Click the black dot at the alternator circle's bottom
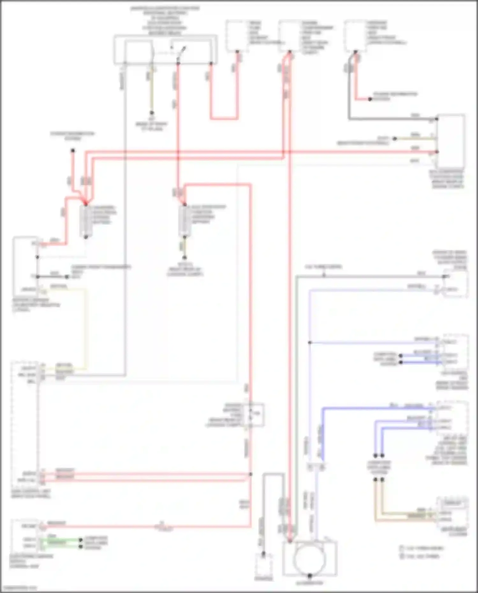[x=309, y=576]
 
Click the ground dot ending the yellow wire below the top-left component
[x=152, y=113]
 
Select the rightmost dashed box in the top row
[x=355, y=36]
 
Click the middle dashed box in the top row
[x=290, y=36]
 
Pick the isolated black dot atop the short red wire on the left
[x=73, y=150]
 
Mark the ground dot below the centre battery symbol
[x=184, y=257]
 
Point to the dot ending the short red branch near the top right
[x=370, y=99]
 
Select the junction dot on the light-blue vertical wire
[x=309, y=343]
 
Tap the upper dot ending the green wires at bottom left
[x=81, y=540]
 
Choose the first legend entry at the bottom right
[x=421, y=548]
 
